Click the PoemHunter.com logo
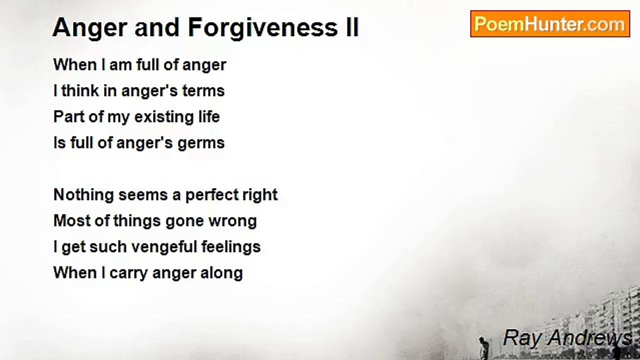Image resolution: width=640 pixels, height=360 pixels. point(550,24)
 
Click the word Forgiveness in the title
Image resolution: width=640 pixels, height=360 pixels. point(263,28)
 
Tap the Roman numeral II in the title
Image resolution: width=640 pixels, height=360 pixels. point(352,27)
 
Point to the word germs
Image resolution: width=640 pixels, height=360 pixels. point(201,143)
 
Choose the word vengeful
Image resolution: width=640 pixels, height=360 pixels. point(164,247)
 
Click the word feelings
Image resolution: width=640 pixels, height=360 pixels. point(231,247)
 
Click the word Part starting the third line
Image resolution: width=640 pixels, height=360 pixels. point(69,117)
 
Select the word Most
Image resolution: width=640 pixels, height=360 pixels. point(72,221)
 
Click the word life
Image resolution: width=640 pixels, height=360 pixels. point(209,117)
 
